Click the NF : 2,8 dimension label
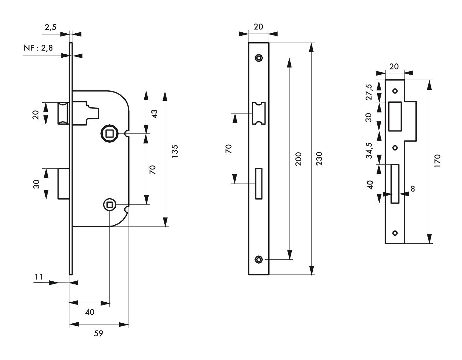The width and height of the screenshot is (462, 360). [38, 48]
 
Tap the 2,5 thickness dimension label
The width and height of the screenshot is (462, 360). [51, 27]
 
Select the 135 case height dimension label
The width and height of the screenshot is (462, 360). [175, 151]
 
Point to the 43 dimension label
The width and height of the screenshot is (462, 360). [155, 114]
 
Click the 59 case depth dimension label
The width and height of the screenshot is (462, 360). [98, 333]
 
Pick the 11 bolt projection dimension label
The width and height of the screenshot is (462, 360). [39, 277]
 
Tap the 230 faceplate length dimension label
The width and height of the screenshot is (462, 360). [319, 159]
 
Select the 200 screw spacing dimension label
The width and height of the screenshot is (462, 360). [299, 159]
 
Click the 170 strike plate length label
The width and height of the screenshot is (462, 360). [438, 161]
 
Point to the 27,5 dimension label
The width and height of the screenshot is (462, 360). [369, 92]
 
